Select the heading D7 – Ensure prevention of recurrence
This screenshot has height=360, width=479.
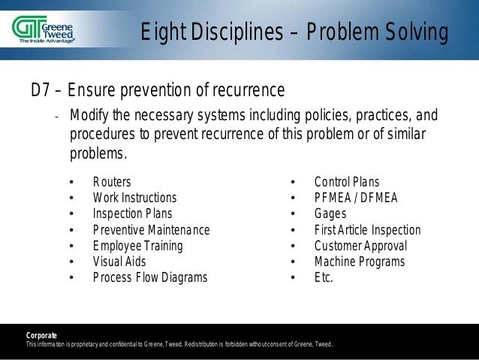coord(157,91)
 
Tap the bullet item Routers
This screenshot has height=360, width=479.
coord(111,182)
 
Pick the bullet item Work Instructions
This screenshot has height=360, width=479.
coord(134,198)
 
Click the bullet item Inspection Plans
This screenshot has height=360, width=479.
coord(131,213)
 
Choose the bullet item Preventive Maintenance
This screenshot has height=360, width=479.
coord(151,230)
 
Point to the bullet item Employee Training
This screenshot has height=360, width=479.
coord(137,246)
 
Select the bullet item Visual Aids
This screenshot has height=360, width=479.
coord(119,262)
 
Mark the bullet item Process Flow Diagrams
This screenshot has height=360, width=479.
coord(149,277)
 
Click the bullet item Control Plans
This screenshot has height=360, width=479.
coord(346,182)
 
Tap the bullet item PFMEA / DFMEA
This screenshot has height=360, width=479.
coord(355,198)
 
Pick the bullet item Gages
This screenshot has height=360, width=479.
coord(331,213)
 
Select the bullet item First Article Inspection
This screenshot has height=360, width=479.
coord(367,230)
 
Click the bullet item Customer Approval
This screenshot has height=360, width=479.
coord(360,246)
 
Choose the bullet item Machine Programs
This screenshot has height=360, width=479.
coord(359,262)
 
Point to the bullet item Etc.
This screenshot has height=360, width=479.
coord(324,277)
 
